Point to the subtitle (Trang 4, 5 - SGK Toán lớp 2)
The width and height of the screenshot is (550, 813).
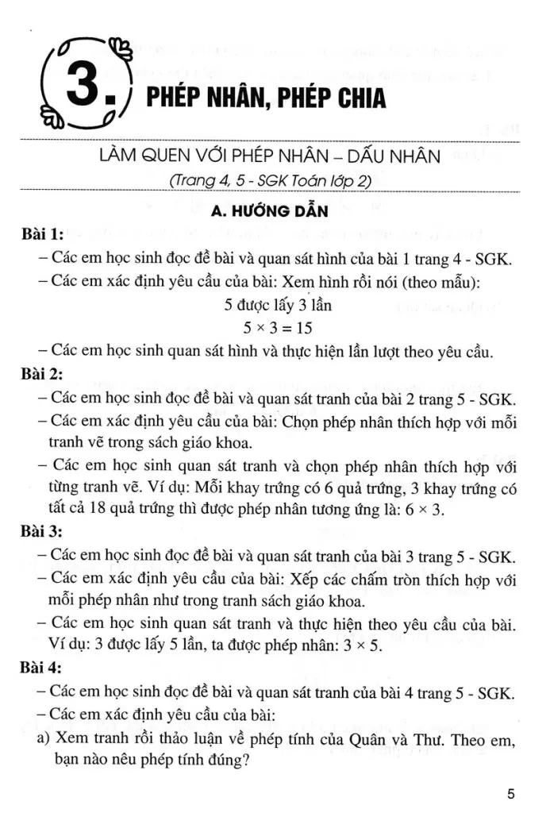(271, 181)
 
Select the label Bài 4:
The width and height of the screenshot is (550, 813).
(44, 671)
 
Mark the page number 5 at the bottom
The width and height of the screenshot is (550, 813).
(510, 793)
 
